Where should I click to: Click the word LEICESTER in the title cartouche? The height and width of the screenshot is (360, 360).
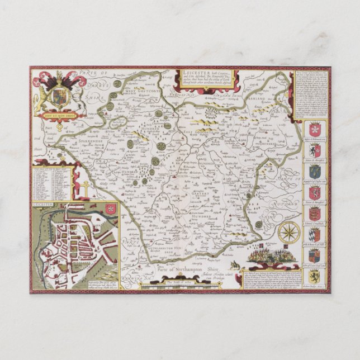(x=193, y=72)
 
